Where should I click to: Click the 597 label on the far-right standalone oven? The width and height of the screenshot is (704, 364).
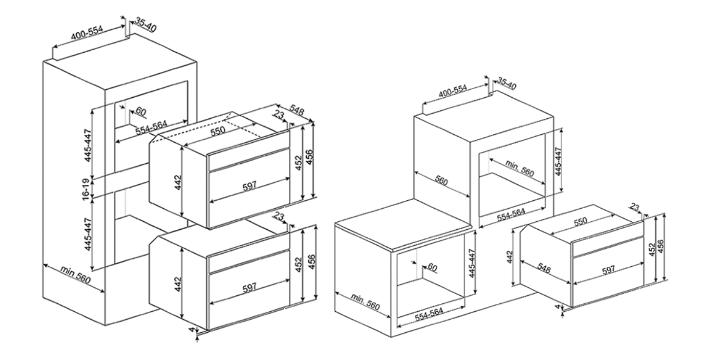[609, 269]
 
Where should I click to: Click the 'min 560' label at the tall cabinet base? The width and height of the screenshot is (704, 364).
[76, 275]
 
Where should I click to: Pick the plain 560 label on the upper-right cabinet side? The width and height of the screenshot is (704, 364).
[441, 181]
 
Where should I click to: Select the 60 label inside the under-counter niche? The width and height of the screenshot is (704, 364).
[433, 267]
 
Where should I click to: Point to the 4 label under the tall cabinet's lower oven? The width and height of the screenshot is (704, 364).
[191, 329]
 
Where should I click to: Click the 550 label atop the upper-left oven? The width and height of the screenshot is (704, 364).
[218, 131]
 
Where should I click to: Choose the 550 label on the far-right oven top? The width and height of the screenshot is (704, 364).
[580, 221]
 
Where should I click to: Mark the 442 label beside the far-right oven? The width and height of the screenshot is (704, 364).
[510, 257]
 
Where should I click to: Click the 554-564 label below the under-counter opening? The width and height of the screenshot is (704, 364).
[429, 315]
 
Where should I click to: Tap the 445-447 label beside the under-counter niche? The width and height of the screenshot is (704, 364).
[472, 263]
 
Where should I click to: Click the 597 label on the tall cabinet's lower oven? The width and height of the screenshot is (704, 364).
[250, 287]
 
